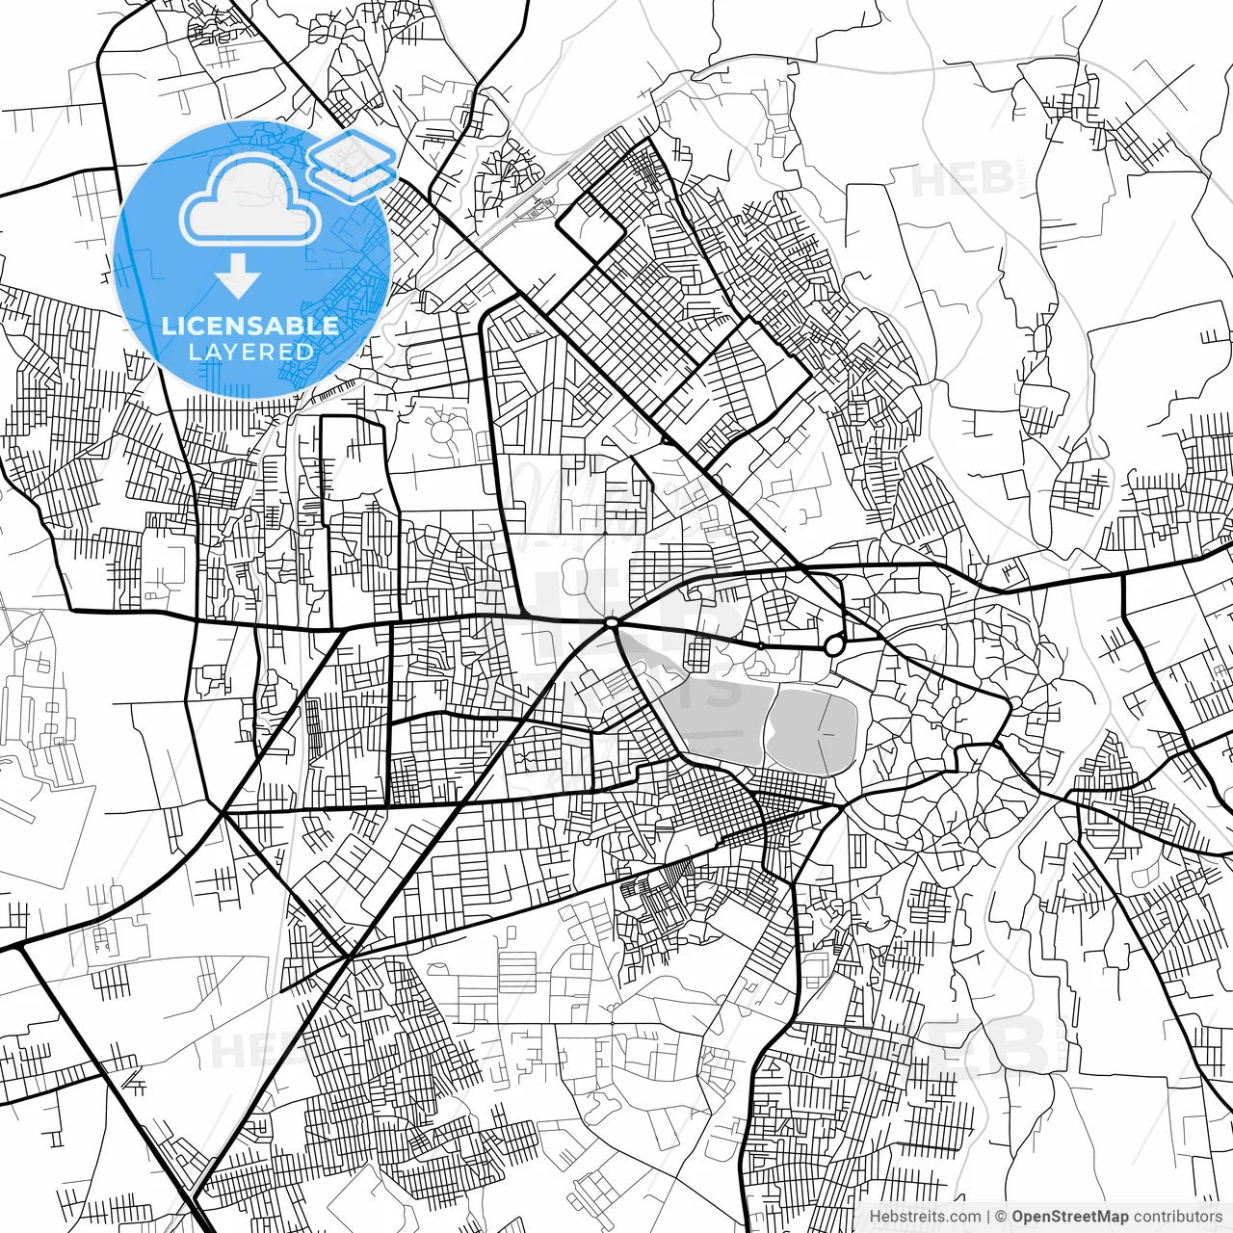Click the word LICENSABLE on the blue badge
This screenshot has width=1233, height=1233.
249,326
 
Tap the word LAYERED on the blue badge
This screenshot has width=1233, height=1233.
250,352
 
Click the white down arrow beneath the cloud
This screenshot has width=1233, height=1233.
238,277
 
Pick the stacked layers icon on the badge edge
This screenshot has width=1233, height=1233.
353,164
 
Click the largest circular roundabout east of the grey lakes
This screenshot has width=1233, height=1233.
834,645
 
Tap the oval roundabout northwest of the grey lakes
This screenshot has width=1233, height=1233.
612,624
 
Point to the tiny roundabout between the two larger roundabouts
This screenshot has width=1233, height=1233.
760,645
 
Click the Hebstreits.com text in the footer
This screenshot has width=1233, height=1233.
925,1217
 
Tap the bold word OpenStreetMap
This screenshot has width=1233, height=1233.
1070,1217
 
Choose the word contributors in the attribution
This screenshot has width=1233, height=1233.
1177,1217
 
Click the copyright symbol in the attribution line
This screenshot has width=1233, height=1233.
1001,1217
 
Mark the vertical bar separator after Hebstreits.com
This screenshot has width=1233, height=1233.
988,1217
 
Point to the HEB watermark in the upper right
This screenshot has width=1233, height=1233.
958,180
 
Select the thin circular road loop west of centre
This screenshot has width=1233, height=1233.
442,433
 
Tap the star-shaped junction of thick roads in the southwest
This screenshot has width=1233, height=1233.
350,957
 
